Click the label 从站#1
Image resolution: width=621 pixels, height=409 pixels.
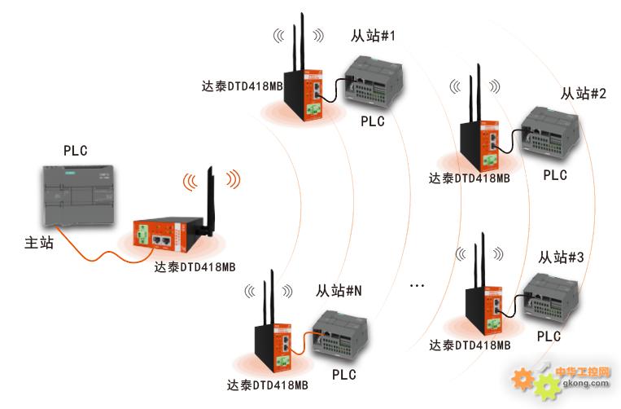373,36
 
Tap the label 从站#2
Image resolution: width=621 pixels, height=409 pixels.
583,94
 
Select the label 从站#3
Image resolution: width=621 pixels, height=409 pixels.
561,257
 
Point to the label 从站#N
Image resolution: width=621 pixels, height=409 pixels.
339,292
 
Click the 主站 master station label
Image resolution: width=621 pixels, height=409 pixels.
39,243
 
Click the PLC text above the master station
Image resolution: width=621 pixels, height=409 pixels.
75,151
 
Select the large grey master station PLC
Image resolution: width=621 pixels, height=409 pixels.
78,196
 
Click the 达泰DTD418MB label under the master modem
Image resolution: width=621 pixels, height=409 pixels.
195,267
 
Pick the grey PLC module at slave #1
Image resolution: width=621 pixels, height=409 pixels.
373,81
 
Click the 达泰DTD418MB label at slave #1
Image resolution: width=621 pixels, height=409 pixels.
243,86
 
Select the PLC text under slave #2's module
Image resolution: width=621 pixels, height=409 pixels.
555,175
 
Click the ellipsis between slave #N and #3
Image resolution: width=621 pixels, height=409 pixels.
417,285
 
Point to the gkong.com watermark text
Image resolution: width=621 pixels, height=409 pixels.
586,384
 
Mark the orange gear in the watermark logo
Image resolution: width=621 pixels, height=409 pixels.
523,380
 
